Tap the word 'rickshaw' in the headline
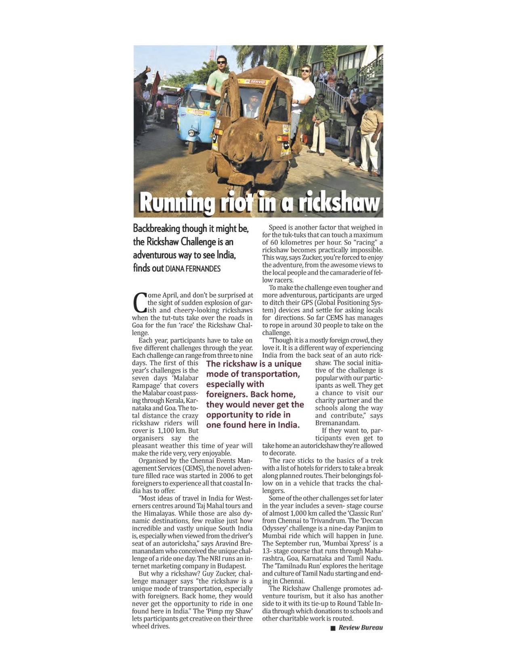click(x=339, y=202)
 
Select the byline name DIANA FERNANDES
click(x=193, y=269)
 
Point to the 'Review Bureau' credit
click(x=360, y=628)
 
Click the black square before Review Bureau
click(x=333, y=628)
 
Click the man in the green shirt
click(x=218, y=79)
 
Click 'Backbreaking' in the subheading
click(x=156, y=229)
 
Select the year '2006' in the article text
click(x=223, y=475)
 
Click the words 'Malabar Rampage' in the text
click(x=165, y=382)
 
